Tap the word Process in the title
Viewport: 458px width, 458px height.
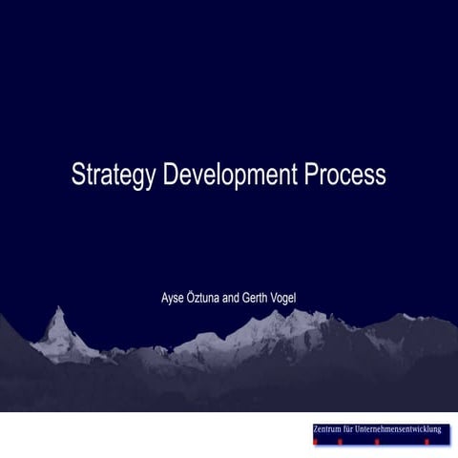(x=345, y=175)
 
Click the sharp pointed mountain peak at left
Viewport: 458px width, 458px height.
(x=58, y=311)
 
